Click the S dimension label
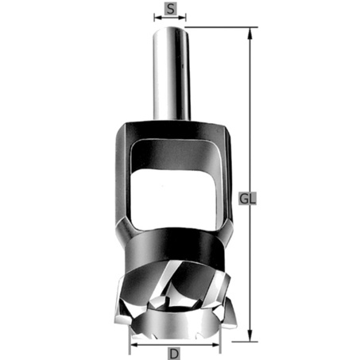coord(171,9)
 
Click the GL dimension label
coord(248,199)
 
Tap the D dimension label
coord(174,354)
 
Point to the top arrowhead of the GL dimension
coord(250,33)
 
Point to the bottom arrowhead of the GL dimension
coord(250,335)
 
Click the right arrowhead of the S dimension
coord(182,17)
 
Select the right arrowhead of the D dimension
coord(215,345)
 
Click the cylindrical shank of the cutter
coord(172,74)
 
